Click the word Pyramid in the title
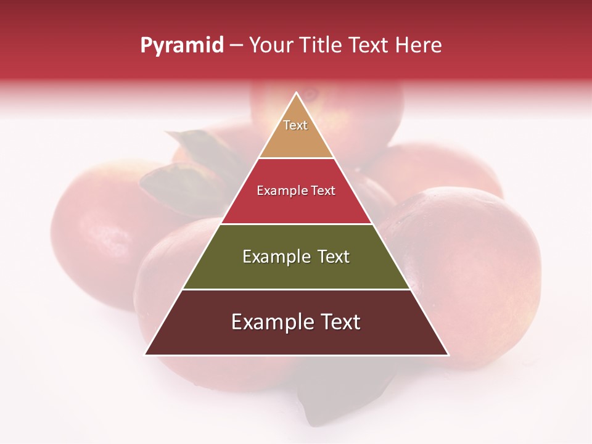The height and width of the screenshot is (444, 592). (x=182, y=45)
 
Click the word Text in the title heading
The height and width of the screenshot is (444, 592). (x=369, y=45)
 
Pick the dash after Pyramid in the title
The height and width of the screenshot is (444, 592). (x=236, y=46)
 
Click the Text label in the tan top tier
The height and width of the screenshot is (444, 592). (x=295, y=125)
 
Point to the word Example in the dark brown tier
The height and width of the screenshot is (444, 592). (x=269, y=322)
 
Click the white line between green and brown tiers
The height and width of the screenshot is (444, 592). (x=297, y=289)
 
